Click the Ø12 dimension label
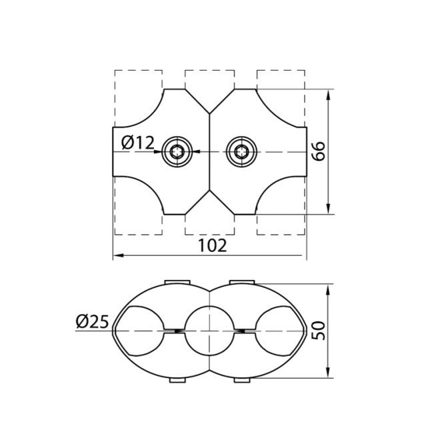(138, 143)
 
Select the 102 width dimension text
(212, 245)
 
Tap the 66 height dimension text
(318, 151)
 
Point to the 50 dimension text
(318, 331)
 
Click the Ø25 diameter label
(92, 322)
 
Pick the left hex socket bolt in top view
(177, 152)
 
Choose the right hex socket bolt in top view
(241, 152)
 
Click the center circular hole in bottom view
(209, 331)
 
